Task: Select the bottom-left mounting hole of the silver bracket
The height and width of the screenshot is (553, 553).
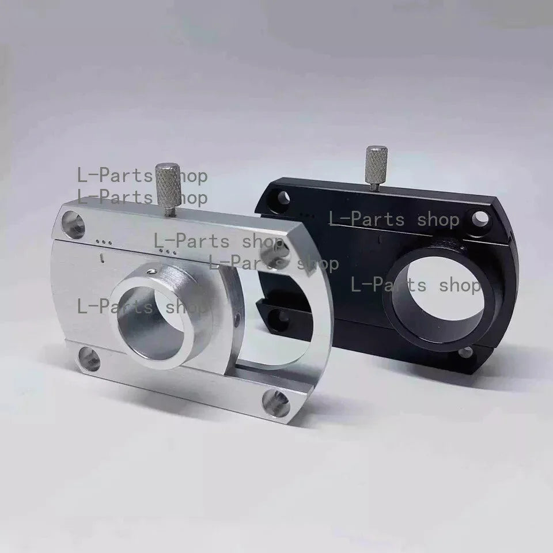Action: [x=89, y=359]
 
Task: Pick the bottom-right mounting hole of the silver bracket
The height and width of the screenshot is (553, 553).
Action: [x=276, y=403]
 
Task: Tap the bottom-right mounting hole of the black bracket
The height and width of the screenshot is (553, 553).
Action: [x=466, y=352]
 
